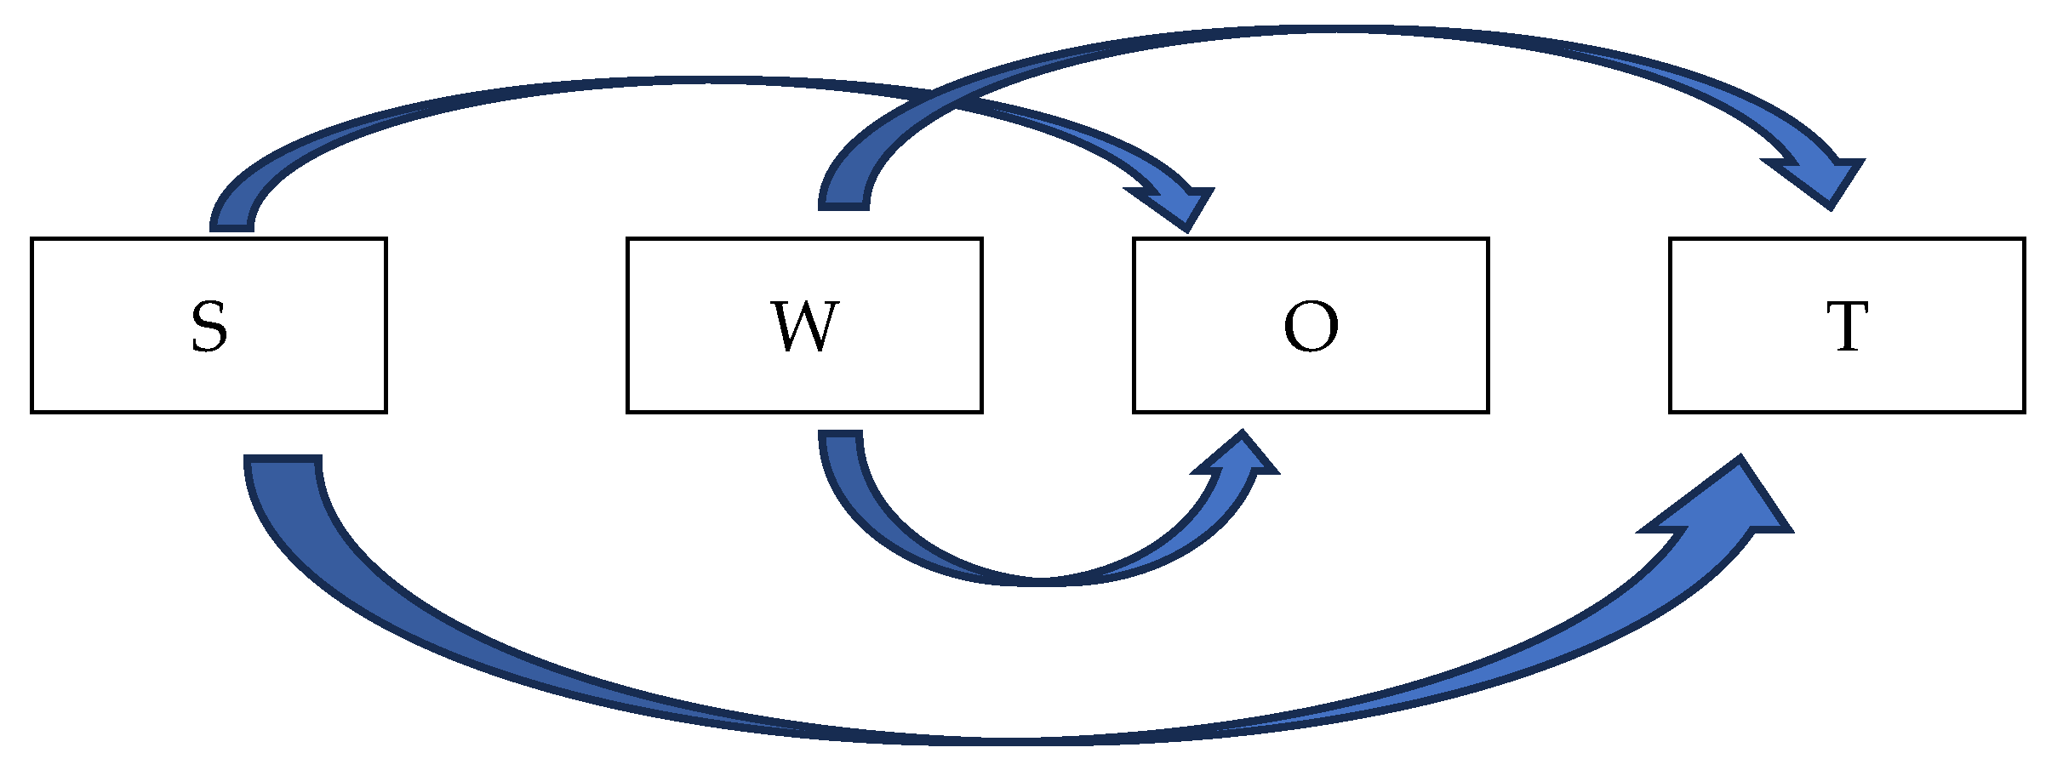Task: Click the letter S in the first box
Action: [209, 327]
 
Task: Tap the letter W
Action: [804, 327]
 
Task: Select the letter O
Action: [1311, 327]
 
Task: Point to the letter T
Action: [1847, 327]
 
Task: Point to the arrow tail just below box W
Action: [841, 438]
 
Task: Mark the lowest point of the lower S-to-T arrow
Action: [1021, 740]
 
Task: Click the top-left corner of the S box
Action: [32, 239]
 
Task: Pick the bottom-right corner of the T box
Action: [2024, 412]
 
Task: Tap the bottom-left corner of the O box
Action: [1134, 412]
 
